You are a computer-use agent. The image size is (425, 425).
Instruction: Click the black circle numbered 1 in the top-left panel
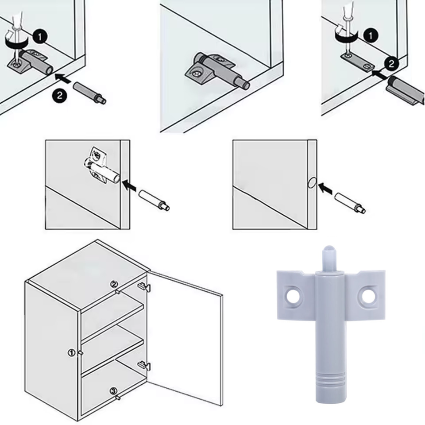pos(40,37)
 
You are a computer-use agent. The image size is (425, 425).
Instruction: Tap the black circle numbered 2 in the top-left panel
pos(60,96)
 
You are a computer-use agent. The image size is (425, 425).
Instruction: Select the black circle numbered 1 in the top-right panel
pos(371,35)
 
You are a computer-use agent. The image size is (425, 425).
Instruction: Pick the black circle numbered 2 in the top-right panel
pos(391,64)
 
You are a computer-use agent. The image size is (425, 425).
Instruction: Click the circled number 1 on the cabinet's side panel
pos(71,353)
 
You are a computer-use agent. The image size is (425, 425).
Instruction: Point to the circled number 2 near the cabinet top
pos(114,284)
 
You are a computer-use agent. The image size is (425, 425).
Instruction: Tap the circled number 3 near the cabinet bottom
pos(114,391)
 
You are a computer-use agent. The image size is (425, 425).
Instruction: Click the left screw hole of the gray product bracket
pos(292,296)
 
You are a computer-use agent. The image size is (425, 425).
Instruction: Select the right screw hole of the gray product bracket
pos(367,296)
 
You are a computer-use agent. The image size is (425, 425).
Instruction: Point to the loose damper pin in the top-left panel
pos(90,93)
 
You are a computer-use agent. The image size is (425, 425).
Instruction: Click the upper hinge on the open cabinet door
pos(144,287)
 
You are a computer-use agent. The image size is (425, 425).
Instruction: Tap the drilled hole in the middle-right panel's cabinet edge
pos(311,182)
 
